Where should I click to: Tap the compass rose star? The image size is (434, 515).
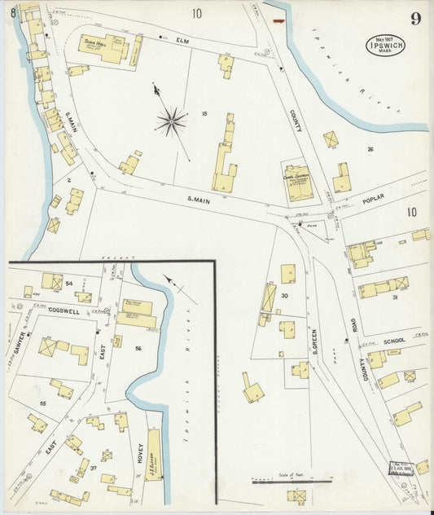click(171, 121)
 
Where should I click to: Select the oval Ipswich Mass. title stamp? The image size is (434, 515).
click(384, 44)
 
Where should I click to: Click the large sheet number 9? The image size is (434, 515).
click(416, 19)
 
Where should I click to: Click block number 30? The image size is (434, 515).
click(284, 296)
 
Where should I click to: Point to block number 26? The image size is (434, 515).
click(370, 149)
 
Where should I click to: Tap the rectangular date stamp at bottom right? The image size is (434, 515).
click(401, 469)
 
